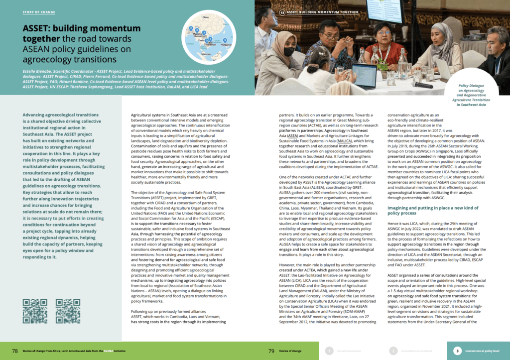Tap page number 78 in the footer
coord(15,351)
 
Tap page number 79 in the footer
coord(271,351)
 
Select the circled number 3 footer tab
coord(457,351)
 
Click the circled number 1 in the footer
coord(329,351)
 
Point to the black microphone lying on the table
coord(421,84)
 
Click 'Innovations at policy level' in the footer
coord(484,351)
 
